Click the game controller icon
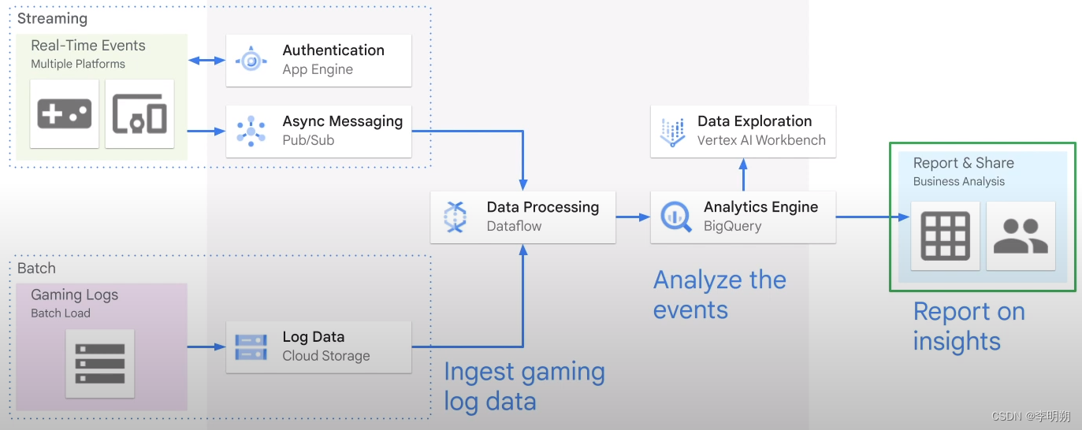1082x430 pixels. [x=65, y=114]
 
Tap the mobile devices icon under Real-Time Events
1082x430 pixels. [x=139, y=114]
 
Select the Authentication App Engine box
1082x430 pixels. [x=318, y=60]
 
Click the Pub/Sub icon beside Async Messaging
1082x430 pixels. [x=251, y=131]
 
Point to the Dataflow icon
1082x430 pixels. [x=455, y=217]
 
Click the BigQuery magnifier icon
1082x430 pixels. [x=676, y=217]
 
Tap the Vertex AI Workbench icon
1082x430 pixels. [x=673, y=132]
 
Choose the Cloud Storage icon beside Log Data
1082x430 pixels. [x=251, y=346]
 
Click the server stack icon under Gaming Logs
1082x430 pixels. [x=100, y=363]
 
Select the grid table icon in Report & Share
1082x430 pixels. [x=945, y=235]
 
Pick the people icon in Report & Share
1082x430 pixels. [x=1021, y=235]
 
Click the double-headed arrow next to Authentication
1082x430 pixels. [x=206, y=60]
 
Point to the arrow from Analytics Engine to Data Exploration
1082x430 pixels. [x=743, y=174]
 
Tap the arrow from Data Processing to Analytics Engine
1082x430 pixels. [x=632, y=217]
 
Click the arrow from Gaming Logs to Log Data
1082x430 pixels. [x=206, y=346]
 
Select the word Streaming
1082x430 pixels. [x=52, y=18]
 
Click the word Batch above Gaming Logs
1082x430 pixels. [x=36, y=268]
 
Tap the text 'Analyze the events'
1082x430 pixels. [x=719, y=295]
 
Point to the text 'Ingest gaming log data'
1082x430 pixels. [x=524, y=386]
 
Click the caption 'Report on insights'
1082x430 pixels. [x=969, y=326]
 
